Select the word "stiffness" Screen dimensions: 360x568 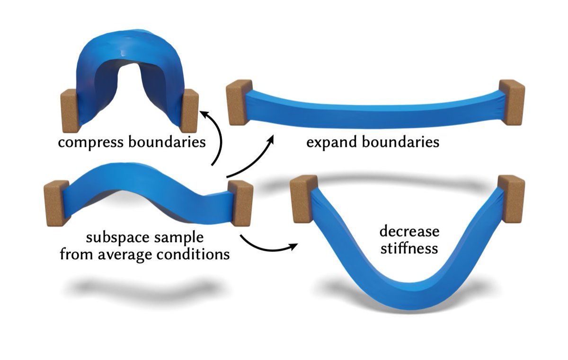409,248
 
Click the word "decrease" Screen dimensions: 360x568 409,232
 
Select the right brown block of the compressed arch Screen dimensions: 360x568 189,111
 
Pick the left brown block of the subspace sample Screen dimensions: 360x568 56,203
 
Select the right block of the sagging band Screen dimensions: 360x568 511,198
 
